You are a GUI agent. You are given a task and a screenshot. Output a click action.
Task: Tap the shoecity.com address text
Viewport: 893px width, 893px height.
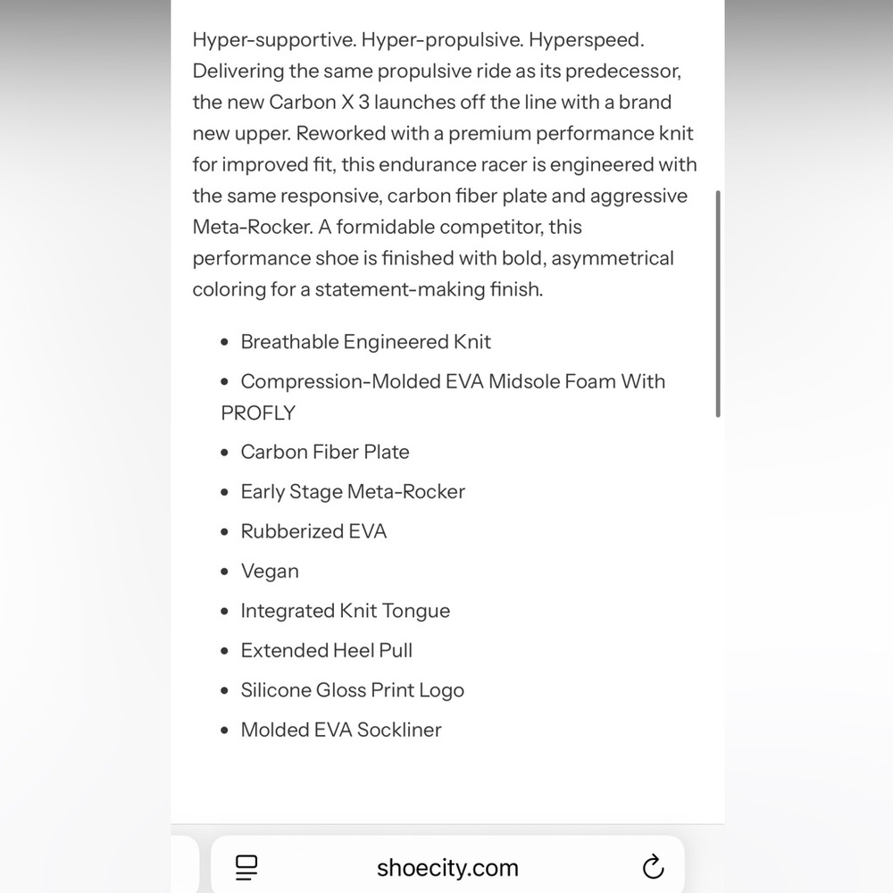click(x=447, y=867)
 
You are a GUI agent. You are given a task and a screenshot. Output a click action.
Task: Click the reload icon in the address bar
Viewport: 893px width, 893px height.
click(x=653, y=867)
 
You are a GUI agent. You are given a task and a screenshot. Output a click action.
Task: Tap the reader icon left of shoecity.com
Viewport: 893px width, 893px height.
click(x=246, y=866)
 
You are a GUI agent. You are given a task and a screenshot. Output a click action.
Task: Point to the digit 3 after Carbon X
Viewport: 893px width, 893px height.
click(x=364, y=102)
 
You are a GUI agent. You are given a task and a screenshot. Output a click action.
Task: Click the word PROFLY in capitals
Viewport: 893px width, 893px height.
click(x=258, y=413)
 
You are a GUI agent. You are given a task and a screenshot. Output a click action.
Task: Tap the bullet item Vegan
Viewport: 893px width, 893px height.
click(x=270, y=571)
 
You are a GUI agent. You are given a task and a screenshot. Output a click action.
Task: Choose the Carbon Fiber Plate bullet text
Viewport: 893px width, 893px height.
click(x=325, y=452)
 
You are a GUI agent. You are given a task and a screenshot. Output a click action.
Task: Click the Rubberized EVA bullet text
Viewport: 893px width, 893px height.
click(x=313, y=531)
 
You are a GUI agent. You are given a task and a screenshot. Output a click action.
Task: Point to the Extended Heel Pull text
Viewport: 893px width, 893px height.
click(x=327, y=650)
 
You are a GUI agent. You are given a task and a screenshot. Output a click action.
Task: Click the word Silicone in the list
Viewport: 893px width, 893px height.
click(x=276, y=690)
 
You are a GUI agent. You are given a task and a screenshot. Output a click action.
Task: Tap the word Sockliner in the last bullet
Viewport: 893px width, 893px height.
click(x=399, y=730)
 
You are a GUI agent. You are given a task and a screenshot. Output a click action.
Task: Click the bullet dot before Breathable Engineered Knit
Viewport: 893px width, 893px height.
click(x=225, y=343)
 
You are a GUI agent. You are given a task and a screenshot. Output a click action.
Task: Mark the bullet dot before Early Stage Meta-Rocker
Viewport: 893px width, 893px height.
click(x=225, y=492)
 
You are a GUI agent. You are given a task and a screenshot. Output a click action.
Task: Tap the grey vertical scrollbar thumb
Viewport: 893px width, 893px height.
click(x=718, y=304)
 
